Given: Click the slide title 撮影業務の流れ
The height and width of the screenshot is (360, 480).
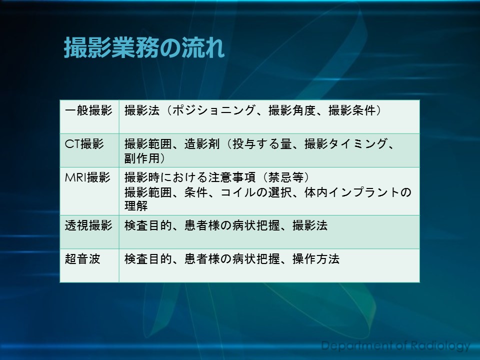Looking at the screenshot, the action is pos(144,48).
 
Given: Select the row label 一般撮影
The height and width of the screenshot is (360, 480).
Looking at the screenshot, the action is pos(88,110).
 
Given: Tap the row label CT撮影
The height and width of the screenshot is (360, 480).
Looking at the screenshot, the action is pos(84,144).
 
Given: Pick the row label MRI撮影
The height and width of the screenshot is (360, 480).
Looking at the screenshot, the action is pos(87,177).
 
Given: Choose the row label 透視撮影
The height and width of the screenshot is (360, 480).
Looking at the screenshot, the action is pos(88,225).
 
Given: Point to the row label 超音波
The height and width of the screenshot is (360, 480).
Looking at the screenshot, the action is pos(82,259).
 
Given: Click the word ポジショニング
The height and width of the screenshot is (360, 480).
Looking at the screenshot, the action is pos(213,110).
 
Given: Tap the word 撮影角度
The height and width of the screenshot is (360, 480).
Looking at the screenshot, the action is pos(292,110).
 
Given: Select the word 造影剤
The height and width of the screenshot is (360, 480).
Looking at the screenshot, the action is pos(202,144).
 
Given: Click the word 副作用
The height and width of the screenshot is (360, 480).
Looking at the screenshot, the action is pos(142,158).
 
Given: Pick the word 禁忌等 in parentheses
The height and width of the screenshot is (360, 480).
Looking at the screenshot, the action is pos(286,177).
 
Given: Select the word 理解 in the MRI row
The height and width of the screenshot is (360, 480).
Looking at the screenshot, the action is pos(136,205).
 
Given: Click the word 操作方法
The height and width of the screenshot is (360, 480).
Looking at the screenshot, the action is pos(316,259).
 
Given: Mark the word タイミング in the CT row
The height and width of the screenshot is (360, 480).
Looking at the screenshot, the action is pos(358,144).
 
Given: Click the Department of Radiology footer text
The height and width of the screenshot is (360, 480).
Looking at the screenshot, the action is pos(395,345).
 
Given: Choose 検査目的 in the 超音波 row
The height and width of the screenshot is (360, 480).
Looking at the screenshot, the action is pos(148,259).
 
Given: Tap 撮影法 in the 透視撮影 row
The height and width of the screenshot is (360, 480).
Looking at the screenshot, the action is pos(310,225).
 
